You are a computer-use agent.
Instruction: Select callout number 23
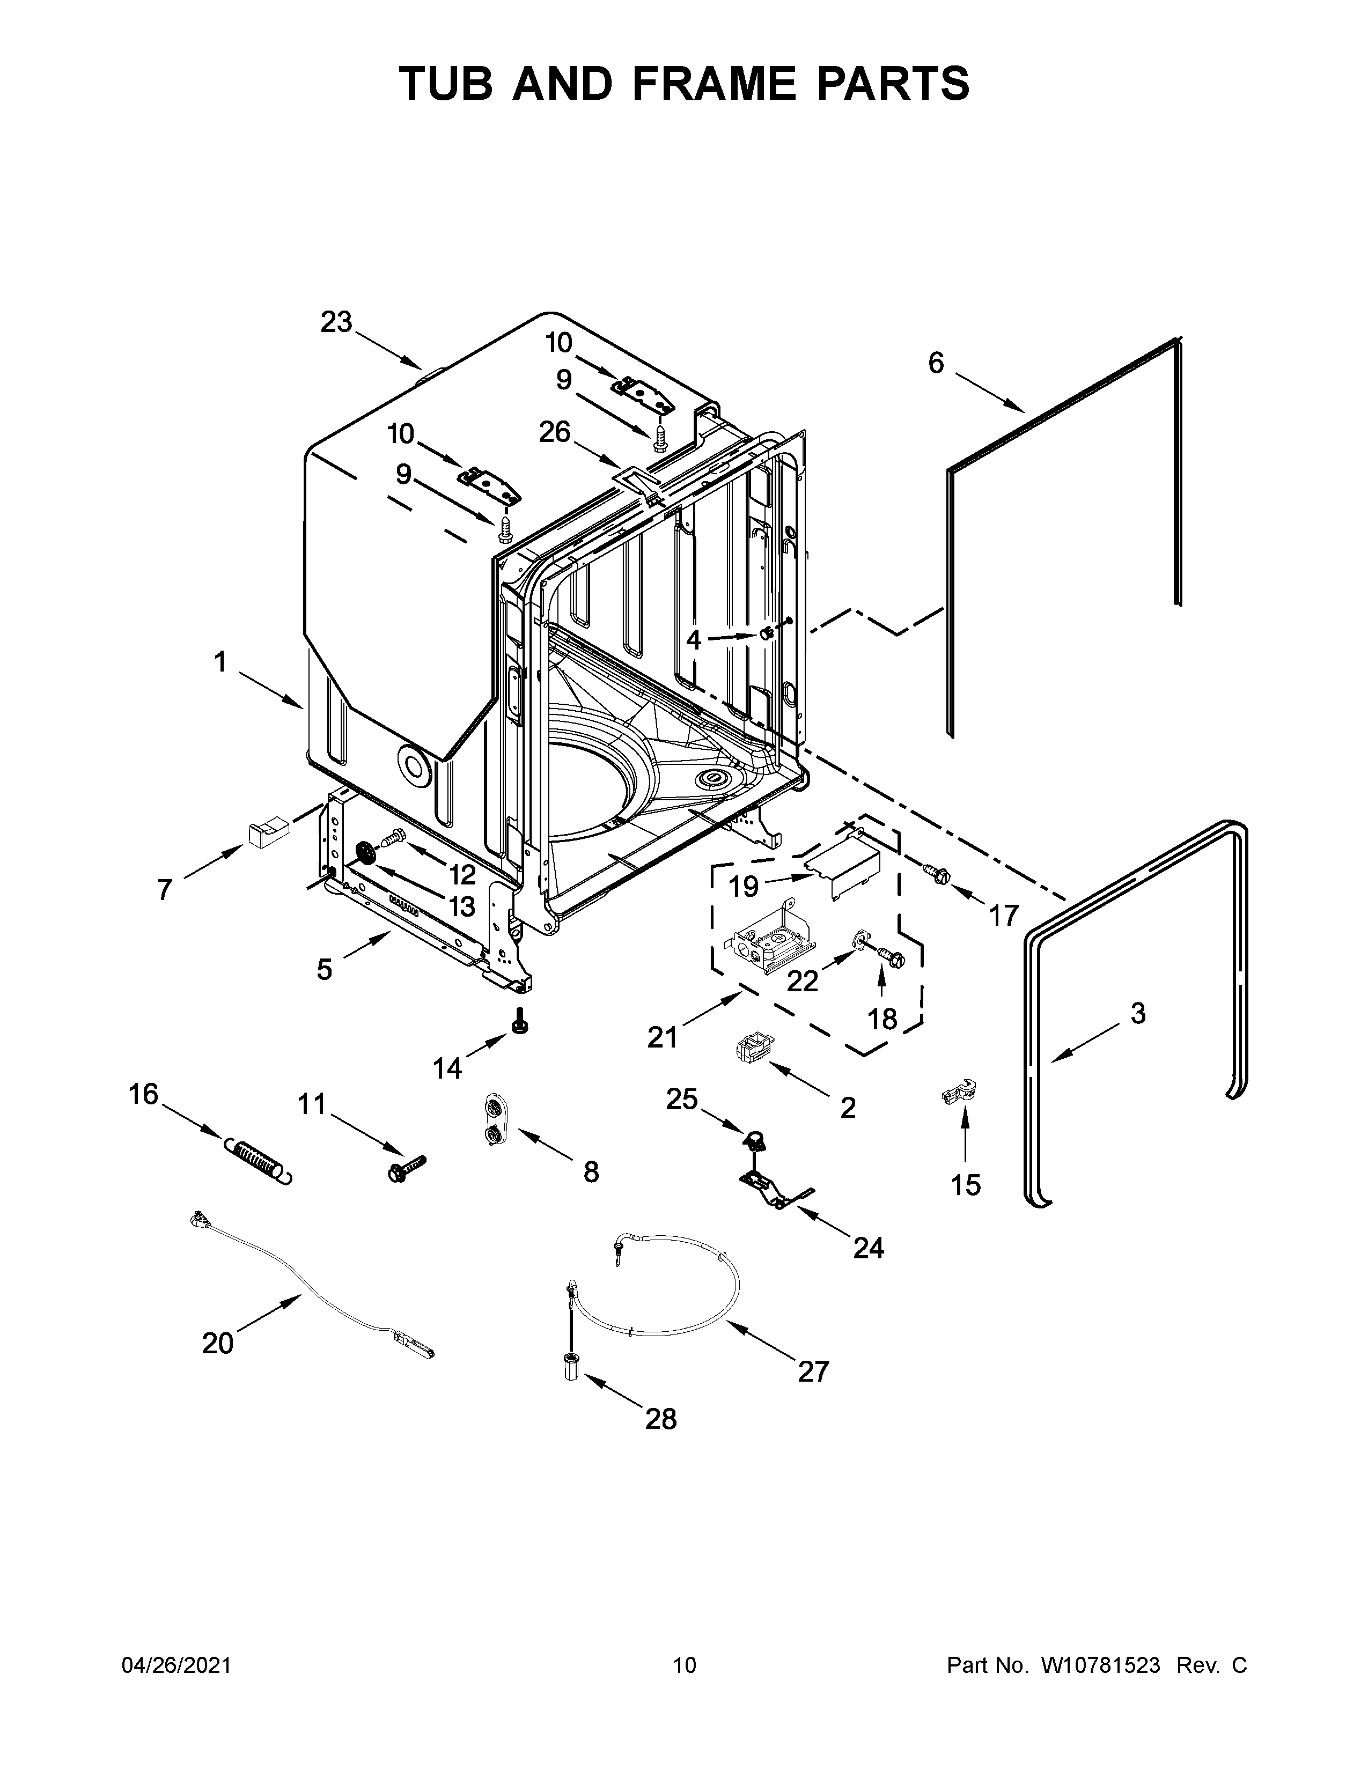(x=336, y=322)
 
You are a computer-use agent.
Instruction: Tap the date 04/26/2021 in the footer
(x=176, y=1665)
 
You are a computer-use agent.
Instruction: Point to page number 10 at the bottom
(x=684, y=1665)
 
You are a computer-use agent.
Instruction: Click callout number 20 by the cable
(x=217, y=1343)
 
